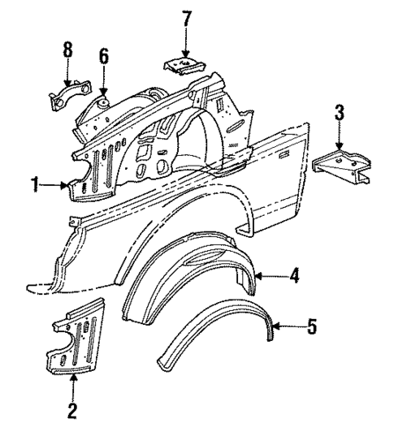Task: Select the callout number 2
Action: [72, 411]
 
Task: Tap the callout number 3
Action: [340, 110]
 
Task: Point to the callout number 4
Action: [295, 277]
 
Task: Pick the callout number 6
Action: [104, 57]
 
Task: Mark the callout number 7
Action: [186, 19]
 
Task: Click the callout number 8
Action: [67, 49]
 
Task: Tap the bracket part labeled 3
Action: [341, 167]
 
